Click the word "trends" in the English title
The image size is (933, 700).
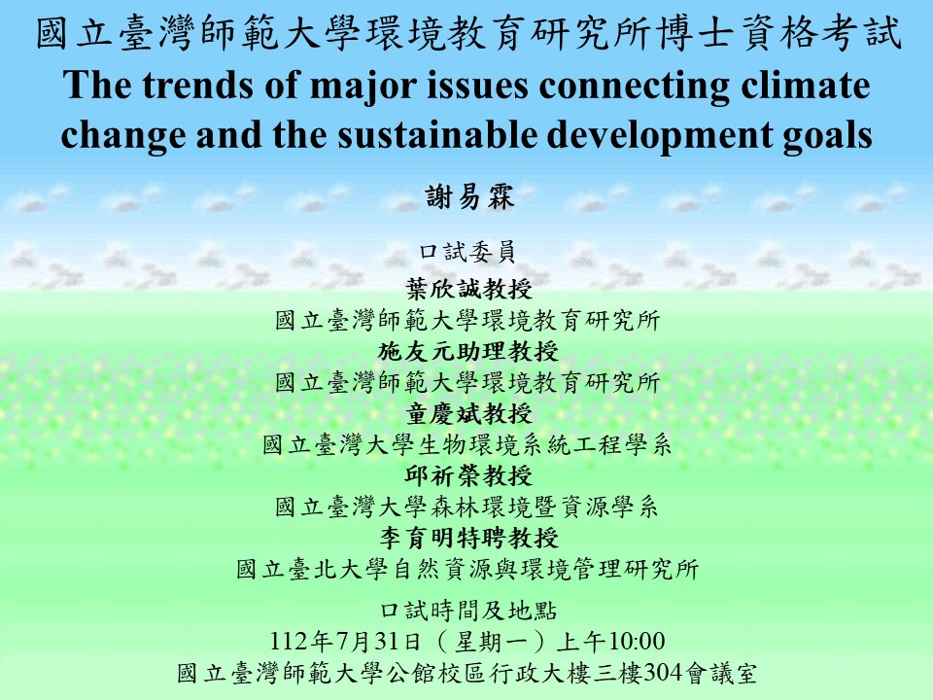pos(197,85)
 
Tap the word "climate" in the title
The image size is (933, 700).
pos(806,85)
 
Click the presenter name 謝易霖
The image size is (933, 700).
pos(468,196)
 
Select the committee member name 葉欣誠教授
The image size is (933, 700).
pos(468,290)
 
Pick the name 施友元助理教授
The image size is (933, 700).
pos(468,351)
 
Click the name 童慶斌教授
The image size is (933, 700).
pos(468,413)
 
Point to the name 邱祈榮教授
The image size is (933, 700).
pos(468,475)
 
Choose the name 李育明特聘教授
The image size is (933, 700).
pos(468,538)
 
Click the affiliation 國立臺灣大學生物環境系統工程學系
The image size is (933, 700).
pos(467,444)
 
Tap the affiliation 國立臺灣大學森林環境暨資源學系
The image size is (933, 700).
pos(467,507)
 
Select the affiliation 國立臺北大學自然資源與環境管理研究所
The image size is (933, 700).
pos(467,569)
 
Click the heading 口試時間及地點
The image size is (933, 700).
pos(468,611)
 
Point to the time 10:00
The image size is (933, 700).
pos(638,641)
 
